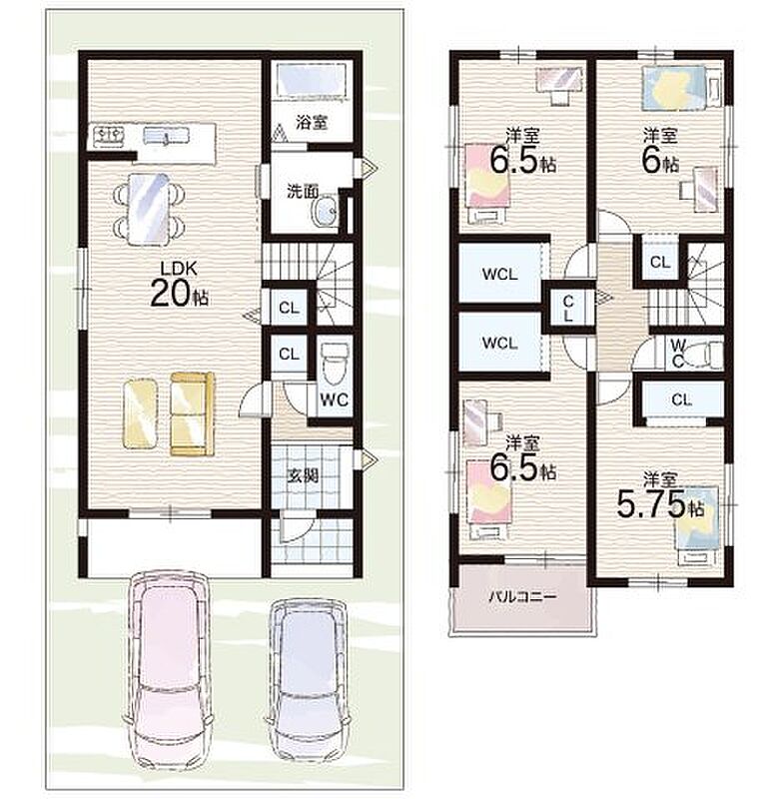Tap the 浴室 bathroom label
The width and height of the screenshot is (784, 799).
(x=312, y=123)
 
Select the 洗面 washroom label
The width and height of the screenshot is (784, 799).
(x=302, y=192)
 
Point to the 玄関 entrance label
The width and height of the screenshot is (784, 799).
(x=303, y=476)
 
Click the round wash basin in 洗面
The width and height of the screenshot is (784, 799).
(x=325, y=212)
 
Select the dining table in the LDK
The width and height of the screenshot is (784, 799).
(x=148, y=209)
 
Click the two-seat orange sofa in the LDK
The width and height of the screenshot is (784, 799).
(x=192, y=413)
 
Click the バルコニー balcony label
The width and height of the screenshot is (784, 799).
(x=522, y=596)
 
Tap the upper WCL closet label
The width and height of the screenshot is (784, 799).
(x=499, y=274)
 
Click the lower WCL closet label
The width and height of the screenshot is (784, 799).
(x=499, y=343)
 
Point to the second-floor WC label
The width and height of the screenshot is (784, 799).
(x=678, y=354)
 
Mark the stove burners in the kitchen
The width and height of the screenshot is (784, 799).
(x=109, y=136)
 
